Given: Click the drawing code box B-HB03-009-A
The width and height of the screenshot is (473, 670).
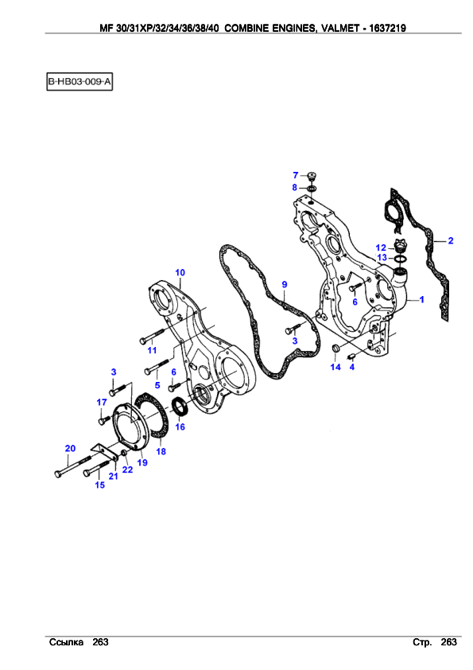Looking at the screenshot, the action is point(79,81).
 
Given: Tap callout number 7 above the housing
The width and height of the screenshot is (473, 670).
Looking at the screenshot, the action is point(296,175).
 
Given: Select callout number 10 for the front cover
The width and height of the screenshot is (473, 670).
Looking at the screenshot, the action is point(180,273).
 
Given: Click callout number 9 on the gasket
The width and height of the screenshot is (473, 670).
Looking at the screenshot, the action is point(285,284).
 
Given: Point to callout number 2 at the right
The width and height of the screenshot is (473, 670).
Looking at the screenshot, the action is point(451,241).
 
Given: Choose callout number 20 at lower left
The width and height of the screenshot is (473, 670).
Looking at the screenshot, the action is point(70,448).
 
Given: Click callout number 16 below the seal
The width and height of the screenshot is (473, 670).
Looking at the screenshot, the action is point(180,427).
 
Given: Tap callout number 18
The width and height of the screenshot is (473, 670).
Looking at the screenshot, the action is point(161,451).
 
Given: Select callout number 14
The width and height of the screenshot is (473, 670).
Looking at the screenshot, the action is point(335,367).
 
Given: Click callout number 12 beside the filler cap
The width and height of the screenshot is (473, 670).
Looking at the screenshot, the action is point(381,247).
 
